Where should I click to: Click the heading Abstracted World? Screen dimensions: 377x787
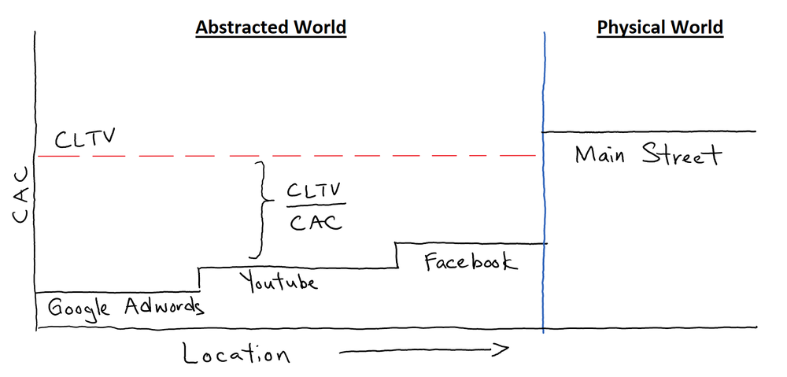[271, 28]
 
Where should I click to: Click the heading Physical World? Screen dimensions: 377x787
[660, 28]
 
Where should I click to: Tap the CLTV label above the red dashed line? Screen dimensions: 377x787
[85, 141]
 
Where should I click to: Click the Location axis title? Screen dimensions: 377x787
[236, 353]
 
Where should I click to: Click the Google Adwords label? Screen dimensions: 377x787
[126, 307]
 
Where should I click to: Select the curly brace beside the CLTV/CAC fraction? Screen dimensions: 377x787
[257, 209]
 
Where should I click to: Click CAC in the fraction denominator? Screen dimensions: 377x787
[316, 223]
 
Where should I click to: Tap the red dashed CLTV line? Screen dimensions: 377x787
[315, 157]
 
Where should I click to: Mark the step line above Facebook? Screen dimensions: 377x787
[471, 244]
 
